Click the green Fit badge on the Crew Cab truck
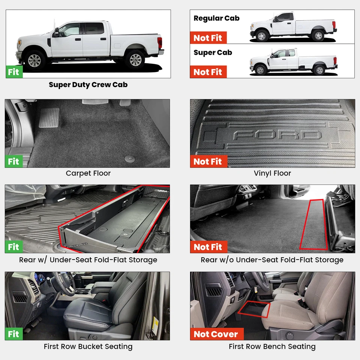click(x=14, y=72)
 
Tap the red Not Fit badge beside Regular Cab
click(x=208, y=38)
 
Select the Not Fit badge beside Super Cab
click(x=208, y=72)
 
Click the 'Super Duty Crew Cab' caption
click(x=88, y=85)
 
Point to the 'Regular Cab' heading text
click(x=216, y=18)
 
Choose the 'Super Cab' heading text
click(x=213, y=52)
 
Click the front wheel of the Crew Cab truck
click(x=35, y=60)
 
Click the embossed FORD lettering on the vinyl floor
click(x=277, y=135)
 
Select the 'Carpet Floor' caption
click(x=88, y=173)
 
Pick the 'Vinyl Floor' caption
click(x=272, y=173)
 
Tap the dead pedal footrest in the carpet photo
click(x=49, y=117)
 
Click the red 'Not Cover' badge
click(x=216, y=334)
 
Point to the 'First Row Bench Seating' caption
click(x=272, y=346)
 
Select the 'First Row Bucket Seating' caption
click(x=88, y=346)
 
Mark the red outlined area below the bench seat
click(x=255, y=309)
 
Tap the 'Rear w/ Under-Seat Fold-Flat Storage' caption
click(x=88, y=260)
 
